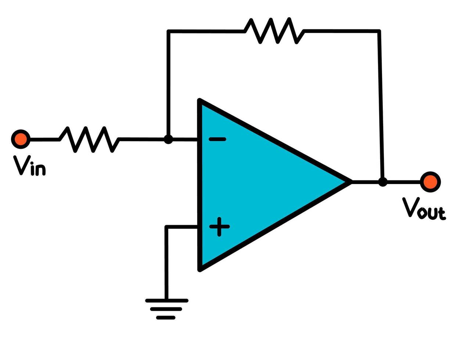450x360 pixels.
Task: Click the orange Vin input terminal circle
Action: (x=21, y=139)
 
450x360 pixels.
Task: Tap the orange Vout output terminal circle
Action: (x=431, y=182)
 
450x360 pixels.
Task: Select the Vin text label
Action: (x=29, y=166)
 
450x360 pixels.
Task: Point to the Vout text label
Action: (x=424, y=209)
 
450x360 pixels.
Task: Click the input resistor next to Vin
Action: (x=89, y=140)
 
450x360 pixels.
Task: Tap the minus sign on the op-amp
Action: (x=217, y=139)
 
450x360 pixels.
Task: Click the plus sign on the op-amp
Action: (x=219, y=227)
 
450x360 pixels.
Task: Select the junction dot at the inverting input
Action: (x=168, y=139)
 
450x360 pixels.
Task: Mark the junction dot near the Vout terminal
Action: (x=383, y=182)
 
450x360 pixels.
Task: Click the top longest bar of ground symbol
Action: (x=167, y=301)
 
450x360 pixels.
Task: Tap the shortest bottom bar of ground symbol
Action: (x=166, y=318)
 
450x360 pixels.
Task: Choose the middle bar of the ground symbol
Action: (x=166, y=309)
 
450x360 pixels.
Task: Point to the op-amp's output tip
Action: (x=351, y=182)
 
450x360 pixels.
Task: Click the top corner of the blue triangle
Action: (x=200, y=100)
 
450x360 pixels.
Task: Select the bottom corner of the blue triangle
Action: (x=200, y=270)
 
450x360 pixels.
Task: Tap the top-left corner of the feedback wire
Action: (x=169, y=31)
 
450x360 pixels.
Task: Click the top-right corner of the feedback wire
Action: (x=379, y=31)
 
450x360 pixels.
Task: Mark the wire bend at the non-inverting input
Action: (x=166, y=227)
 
